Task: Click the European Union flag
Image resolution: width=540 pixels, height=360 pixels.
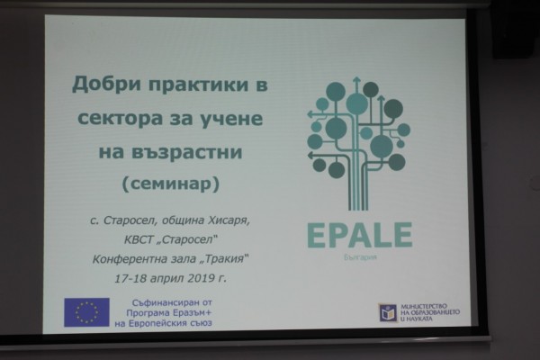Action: pos(86,312)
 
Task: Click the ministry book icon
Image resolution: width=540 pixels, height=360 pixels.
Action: pos(388,312)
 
